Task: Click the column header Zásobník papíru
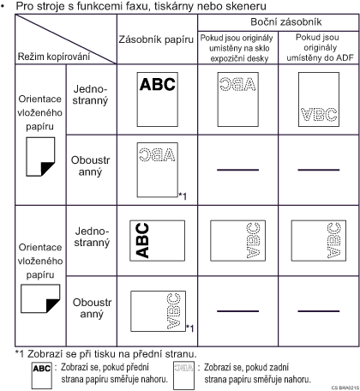[156, 39]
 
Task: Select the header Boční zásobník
[286, 22]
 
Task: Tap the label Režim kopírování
[54, 57]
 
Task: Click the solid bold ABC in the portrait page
[158, 84]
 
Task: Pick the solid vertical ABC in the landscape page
[142, 241]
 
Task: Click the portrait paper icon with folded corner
[40, 157]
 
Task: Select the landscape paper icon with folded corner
[40, 298]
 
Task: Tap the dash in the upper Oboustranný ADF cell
[319, 170]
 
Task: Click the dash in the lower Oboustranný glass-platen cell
[237, 311]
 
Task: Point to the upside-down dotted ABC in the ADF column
[319, 115]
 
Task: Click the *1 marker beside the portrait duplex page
[183, 196]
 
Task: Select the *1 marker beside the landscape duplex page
[190, 328]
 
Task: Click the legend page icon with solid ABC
[42, 376]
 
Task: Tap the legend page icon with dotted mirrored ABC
[183, 376]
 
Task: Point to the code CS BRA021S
[345, 388]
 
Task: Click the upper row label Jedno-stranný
[90, 95]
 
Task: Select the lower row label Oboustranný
[92, 308]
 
